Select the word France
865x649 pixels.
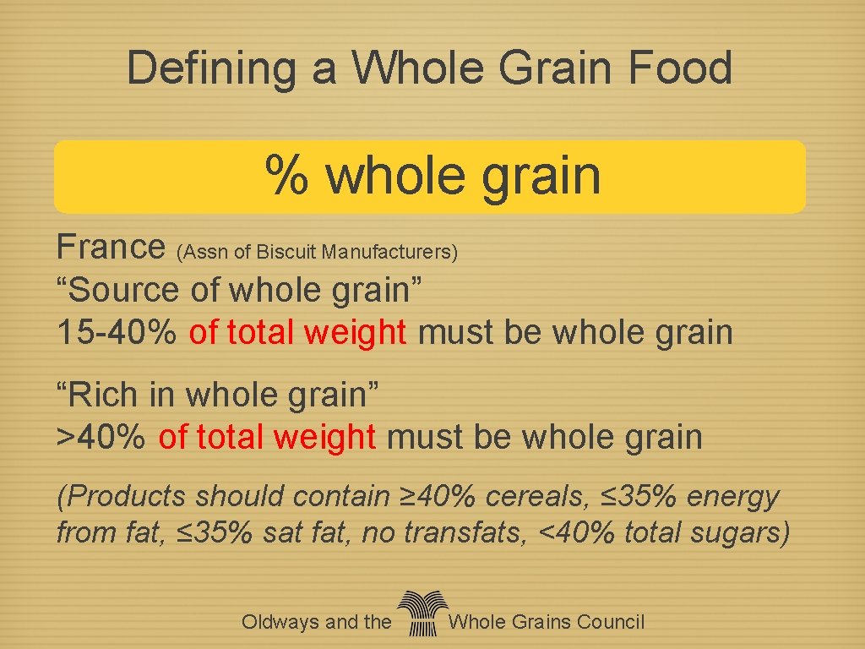pos(110,247)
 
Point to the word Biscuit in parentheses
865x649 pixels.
pos(286,252)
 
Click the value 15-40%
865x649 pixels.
pos(117,332)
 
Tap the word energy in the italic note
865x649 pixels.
pos(732,497)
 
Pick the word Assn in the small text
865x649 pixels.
pos(202,252)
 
